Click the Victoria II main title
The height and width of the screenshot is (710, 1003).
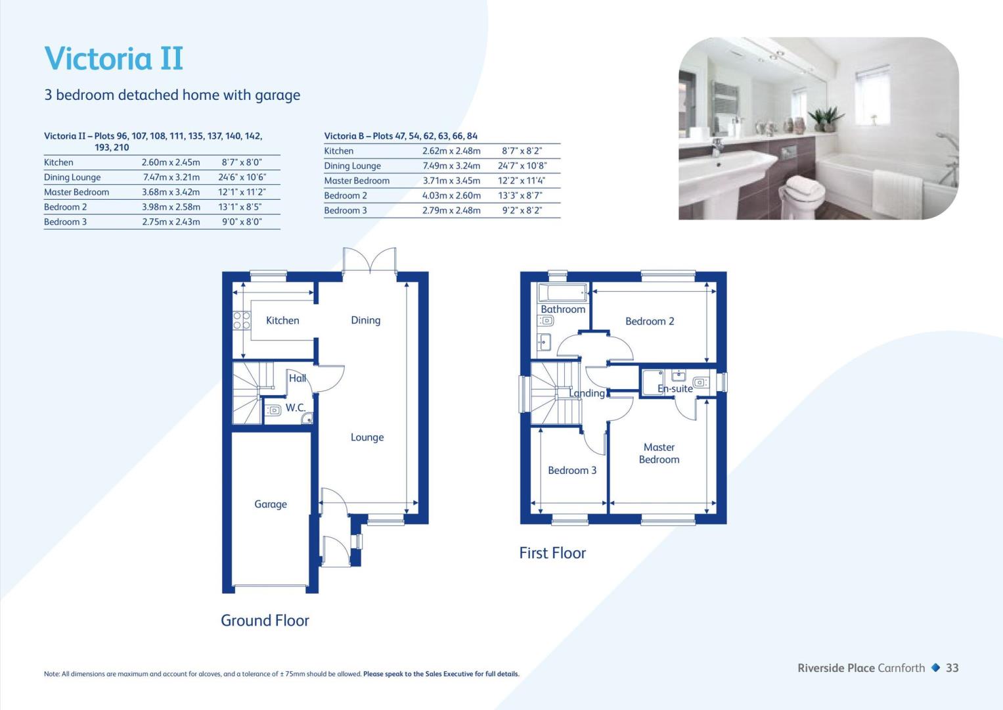pyautogui.click(x=114, y=59)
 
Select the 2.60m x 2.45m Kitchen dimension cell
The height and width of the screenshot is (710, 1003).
pyautogui.click(x=171, y=162)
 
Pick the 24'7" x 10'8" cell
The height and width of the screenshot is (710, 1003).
pyautogui.click(x=522, y=166)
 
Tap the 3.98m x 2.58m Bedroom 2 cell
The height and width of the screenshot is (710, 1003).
pyautogui.click(x=171, y=207)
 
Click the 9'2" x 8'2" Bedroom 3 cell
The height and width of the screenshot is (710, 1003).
pyautogui.click(x=522, y=210)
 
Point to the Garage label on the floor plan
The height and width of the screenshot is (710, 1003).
pyautogui.click(x=271, y=504)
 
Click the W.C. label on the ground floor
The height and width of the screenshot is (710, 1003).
pyautogui.click(x=295, y=408)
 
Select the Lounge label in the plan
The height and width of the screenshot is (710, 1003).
pyautogui.click(x=367, y=437)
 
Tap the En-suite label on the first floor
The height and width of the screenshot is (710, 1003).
pyautogui.click(x=675, y=389)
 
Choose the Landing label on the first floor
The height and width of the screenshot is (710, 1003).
pyautogui.click(x=587, y=393)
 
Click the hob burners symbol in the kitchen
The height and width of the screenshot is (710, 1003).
pyautogui.click(x=241, y=321)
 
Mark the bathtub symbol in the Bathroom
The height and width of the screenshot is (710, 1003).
pyautogui.click(x=563, y=293)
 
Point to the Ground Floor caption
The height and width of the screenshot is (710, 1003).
pyautogui.click(x=265, y=621)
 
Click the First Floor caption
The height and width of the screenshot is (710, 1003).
pyautogui.click(x=552, y=553)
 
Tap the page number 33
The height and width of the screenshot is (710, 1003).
pyautogui.click(x=952, y=668)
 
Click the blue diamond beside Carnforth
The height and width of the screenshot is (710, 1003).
pyautogui.click(x=935, y=667)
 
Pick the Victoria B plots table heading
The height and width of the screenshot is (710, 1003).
pyautogui.click(x=401, y=136)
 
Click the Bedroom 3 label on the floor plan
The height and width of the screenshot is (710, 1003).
pyautogui.click(x=572, y=470)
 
